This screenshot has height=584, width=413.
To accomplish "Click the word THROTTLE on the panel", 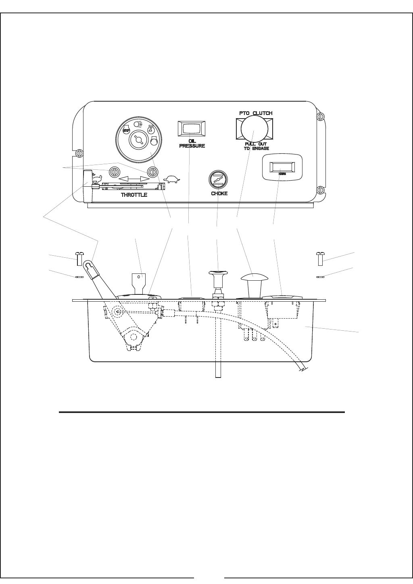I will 134,195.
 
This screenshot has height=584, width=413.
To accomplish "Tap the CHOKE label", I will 219,194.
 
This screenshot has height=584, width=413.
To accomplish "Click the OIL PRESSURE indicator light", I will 192,129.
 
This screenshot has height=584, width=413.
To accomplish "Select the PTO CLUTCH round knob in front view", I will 253,129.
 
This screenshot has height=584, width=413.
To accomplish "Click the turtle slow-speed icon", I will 172,179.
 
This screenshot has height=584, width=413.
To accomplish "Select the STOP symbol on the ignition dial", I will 126,130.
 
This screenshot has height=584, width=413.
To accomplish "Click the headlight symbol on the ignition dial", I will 138,123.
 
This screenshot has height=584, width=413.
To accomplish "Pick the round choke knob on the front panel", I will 218,178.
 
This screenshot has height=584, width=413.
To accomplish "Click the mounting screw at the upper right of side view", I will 321,258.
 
